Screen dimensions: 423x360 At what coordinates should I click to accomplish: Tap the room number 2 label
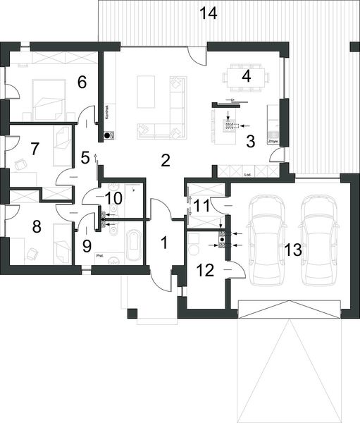coord(165,159)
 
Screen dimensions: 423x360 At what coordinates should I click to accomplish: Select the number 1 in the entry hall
coord(163,244)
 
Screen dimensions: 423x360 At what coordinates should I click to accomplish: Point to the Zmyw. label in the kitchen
coord(273,142)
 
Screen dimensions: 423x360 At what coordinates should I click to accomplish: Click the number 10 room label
coord(113,197)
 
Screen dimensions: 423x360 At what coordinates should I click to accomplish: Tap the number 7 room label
coord(35,149)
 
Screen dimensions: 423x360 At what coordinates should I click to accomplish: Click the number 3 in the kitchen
coord(250,139)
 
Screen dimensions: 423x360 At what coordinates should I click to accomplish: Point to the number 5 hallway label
coord(85,157)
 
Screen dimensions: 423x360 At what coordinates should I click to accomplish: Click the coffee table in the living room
coord(146,92)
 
